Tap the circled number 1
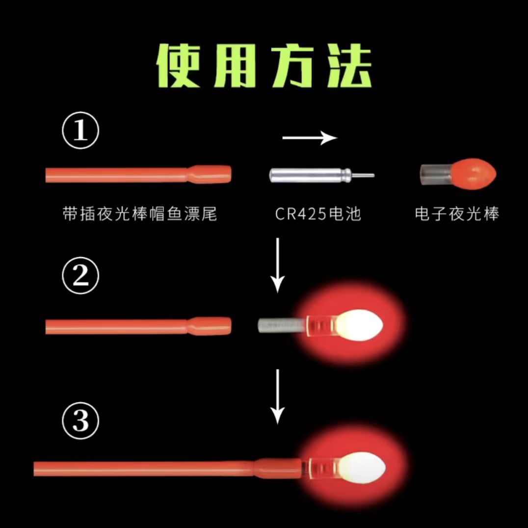pyautogui.click(x=80, y=131)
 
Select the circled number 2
pyautogui.click(x=80, y=276)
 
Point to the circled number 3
pyautogui.click(x=80, y=421)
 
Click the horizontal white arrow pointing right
pyautogui.click(x=310, y=138)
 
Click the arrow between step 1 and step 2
pyautogui.click(x=278, y=265)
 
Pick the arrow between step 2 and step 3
pyautogui.click(x=278, y=396)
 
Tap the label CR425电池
pyautogui.click(x=317, y=214)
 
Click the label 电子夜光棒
pyautogui.click(x=456, y=214)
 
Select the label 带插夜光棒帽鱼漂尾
pyautogui.click(x=140, y=214)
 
